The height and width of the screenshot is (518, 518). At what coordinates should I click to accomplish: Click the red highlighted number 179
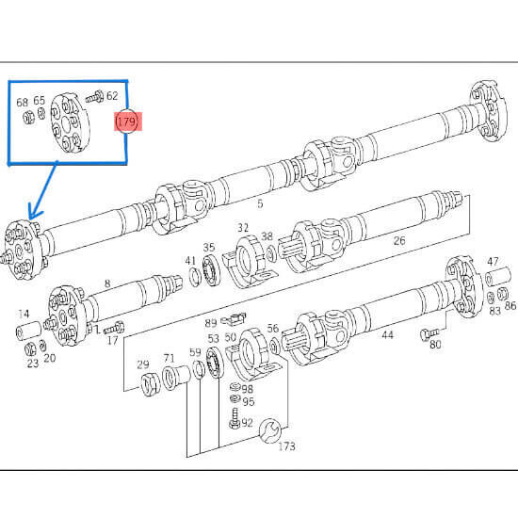pyautogui.click(x=126, y=122)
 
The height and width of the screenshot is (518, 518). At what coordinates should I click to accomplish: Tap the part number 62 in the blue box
pyautogui.click(x=112, y=96)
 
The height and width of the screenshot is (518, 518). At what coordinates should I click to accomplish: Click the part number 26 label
pyautogui.click(x=399, y=240)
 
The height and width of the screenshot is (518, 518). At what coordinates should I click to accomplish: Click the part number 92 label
pyautogui.click(x=248, y=423)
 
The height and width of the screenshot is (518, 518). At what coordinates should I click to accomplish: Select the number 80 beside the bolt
pyautogui.click(x=435, y=346)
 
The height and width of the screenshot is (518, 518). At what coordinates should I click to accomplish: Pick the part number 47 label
pyautogui.click(x=493, y=261)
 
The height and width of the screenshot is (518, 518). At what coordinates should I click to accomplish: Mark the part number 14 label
pyautogui.click(x=23, y=315)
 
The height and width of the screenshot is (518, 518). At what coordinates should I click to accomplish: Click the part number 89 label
pyautogui.click(x=211, y=323)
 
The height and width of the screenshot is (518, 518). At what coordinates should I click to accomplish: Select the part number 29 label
pyautogui.click(x=143, y=364)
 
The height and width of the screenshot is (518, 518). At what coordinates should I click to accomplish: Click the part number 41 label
pyautogui.click(x=190, y=260)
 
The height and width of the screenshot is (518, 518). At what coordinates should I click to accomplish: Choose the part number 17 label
pyautogui.click(x=113, y=341)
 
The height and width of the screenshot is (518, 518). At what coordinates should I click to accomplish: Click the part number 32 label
pyautogui.click(x=243, y=228)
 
